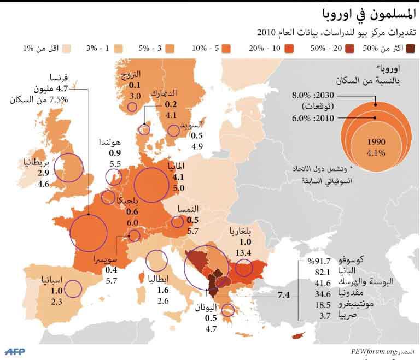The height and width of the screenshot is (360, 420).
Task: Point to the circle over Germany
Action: [151, 185]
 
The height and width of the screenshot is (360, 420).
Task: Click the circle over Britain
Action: [68, 168]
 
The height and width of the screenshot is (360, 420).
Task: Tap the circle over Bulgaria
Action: [244, 268]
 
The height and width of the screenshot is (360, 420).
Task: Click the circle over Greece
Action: [227, 310]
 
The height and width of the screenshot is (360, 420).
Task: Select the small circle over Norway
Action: [132, 107]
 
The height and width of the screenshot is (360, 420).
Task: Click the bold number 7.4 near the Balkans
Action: [283, 296]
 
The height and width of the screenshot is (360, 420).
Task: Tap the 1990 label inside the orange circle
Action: [376, 140]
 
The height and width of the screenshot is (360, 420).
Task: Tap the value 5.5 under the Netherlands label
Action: [115, 164]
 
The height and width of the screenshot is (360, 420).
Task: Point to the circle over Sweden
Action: [174, 130]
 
